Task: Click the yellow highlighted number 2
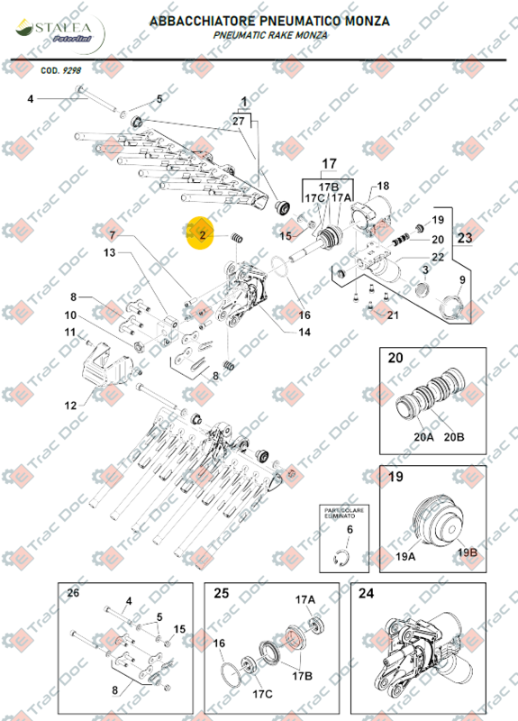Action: coord(203,236)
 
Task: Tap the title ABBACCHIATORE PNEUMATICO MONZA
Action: coord(269,19)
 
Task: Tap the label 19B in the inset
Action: coord(467,552)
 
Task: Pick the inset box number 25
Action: coord(221,594)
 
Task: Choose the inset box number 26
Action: coord(74,592)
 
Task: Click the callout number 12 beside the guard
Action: coord(71,406)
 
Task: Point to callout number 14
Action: coord(304,333)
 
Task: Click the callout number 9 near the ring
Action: coord(463,280)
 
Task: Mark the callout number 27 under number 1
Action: coord(239,120)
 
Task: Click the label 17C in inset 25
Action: coord(262,694)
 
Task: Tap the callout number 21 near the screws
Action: coord(391,315)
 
